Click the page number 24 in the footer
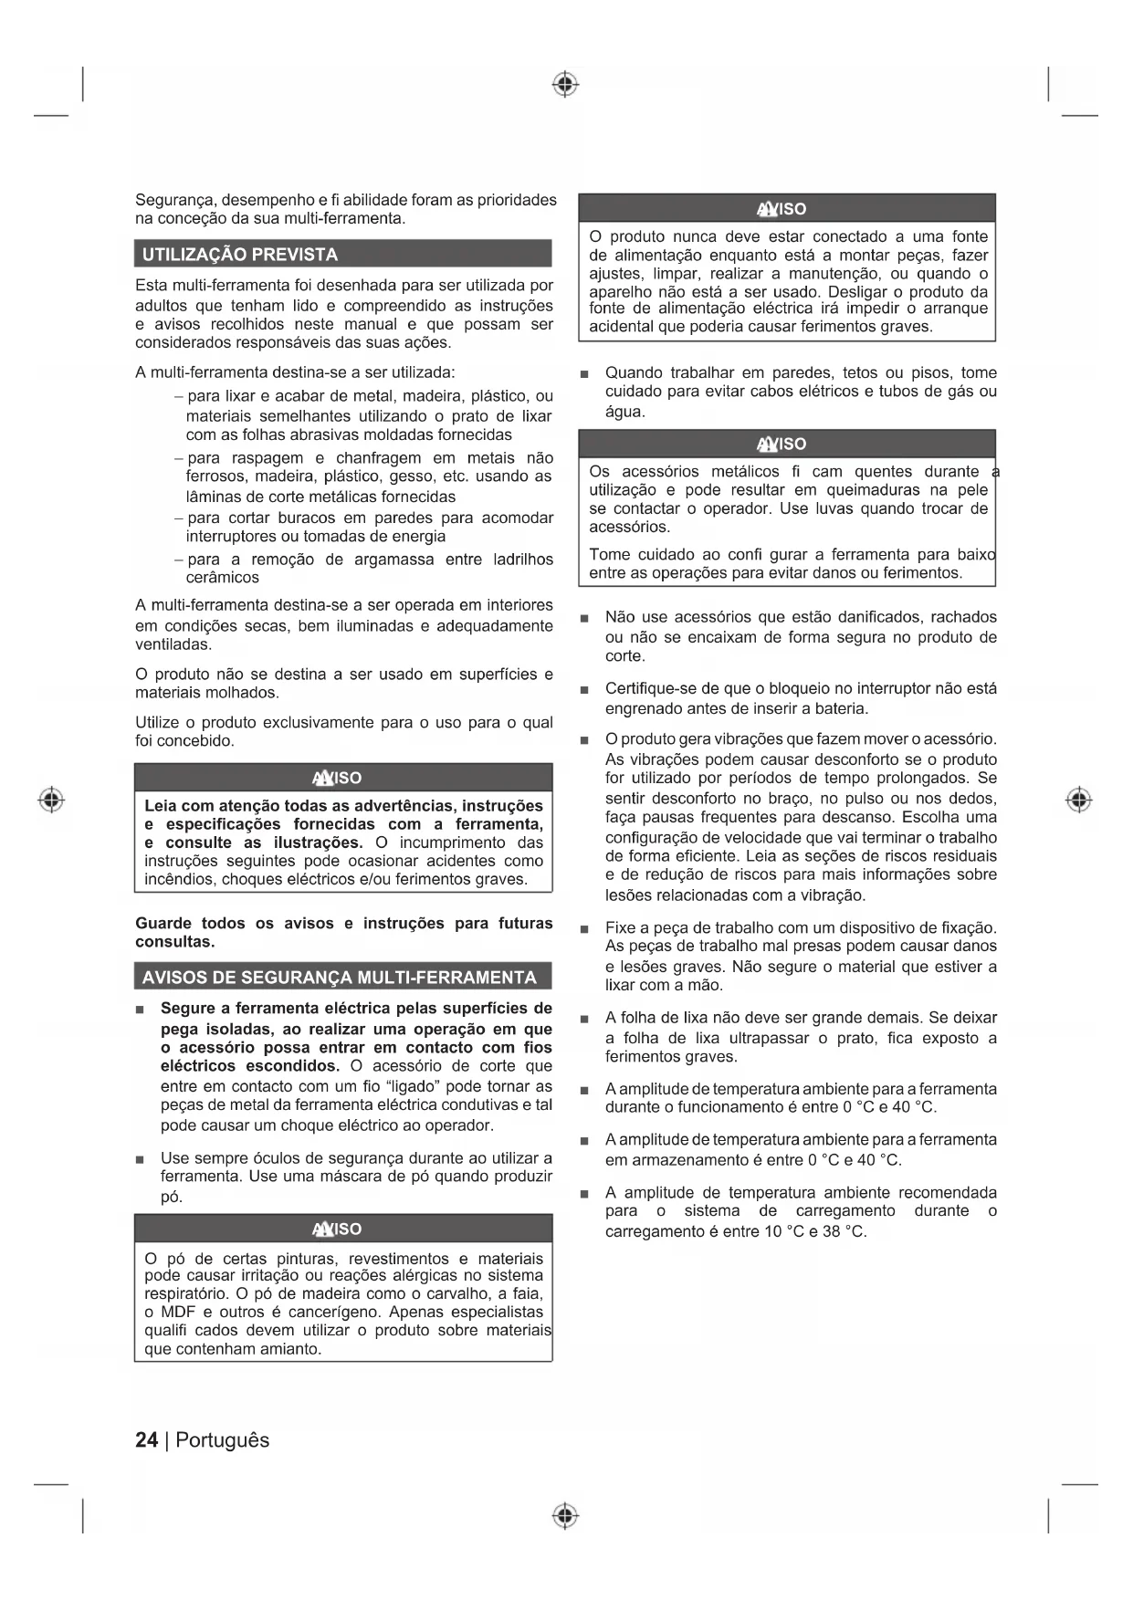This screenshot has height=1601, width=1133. coord(146,1440)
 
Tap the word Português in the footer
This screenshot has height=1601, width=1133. coord(223,1440)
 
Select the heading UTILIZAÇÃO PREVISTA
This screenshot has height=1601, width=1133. coord(240,255)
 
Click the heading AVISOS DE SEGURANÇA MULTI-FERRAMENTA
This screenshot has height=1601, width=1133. coord(340,978)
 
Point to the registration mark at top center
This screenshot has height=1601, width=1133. coord(565,85)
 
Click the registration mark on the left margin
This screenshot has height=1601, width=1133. coord(52,800)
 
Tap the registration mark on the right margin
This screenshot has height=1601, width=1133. coord(1078,800)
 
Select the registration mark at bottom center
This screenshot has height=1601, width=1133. coord(565,1516)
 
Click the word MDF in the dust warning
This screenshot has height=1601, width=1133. coord(178,1313)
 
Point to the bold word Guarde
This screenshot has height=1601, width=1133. coord(163,923)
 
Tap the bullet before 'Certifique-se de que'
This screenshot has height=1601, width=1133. coord(584,690)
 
